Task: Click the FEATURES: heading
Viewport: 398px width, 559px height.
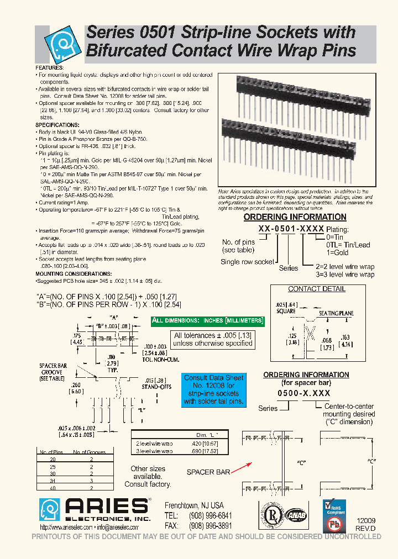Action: click(x=50, y=67)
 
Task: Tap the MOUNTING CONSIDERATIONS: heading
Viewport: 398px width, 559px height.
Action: click(x=74, y=274)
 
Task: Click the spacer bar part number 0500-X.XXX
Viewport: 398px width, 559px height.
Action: click(x=305, y=393)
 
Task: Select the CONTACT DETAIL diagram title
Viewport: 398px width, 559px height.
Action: click(x=317, y=289)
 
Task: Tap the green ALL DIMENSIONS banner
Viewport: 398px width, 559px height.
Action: click(x=208, y=321)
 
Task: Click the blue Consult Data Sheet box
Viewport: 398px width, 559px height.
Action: click(x=214, y=389)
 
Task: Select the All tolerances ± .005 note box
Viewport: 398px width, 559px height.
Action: click(x=213, y=339)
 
